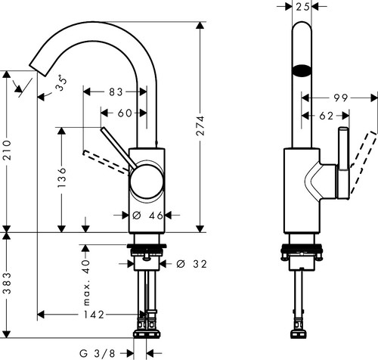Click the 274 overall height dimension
[x=200, y=126]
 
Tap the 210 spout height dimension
[x=8, y=151]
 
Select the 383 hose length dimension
[x=8, y=283]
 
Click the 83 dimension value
[x=116, y=92]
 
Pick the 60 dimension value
[x=125, y=113]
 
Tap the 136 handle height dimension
[x=61, y=177]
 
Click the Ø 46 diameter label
[x=147, y=216]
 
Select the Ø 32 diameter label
[x=191, y=264]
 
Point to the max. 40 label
[x=86, y=283]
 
